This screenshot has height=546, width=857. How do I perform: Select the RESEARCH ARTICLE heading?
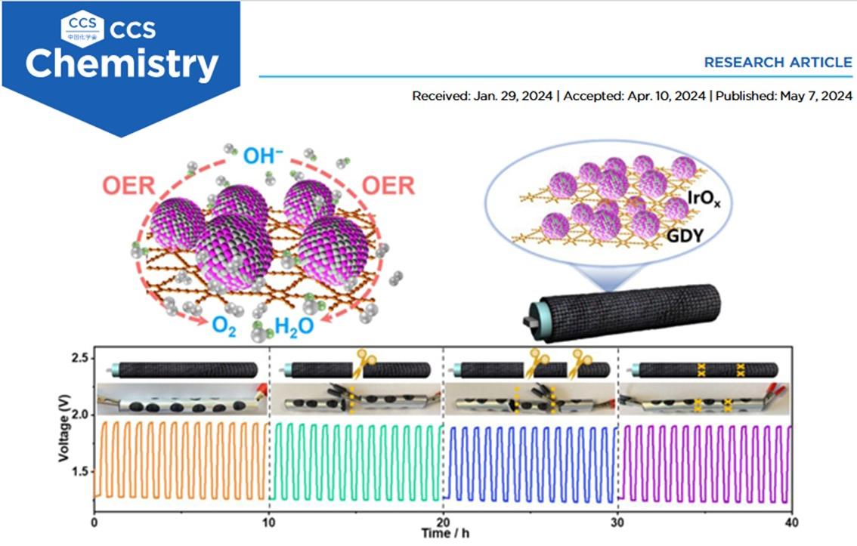pyautogui.click(x=778, y=62)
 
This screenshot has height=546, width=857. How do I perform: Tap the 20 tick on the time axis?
pyautogui.click(x=444, y=522)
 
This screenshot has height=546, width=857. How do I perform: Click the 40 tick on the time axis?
pyautogui.click(x=790, y=522)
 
